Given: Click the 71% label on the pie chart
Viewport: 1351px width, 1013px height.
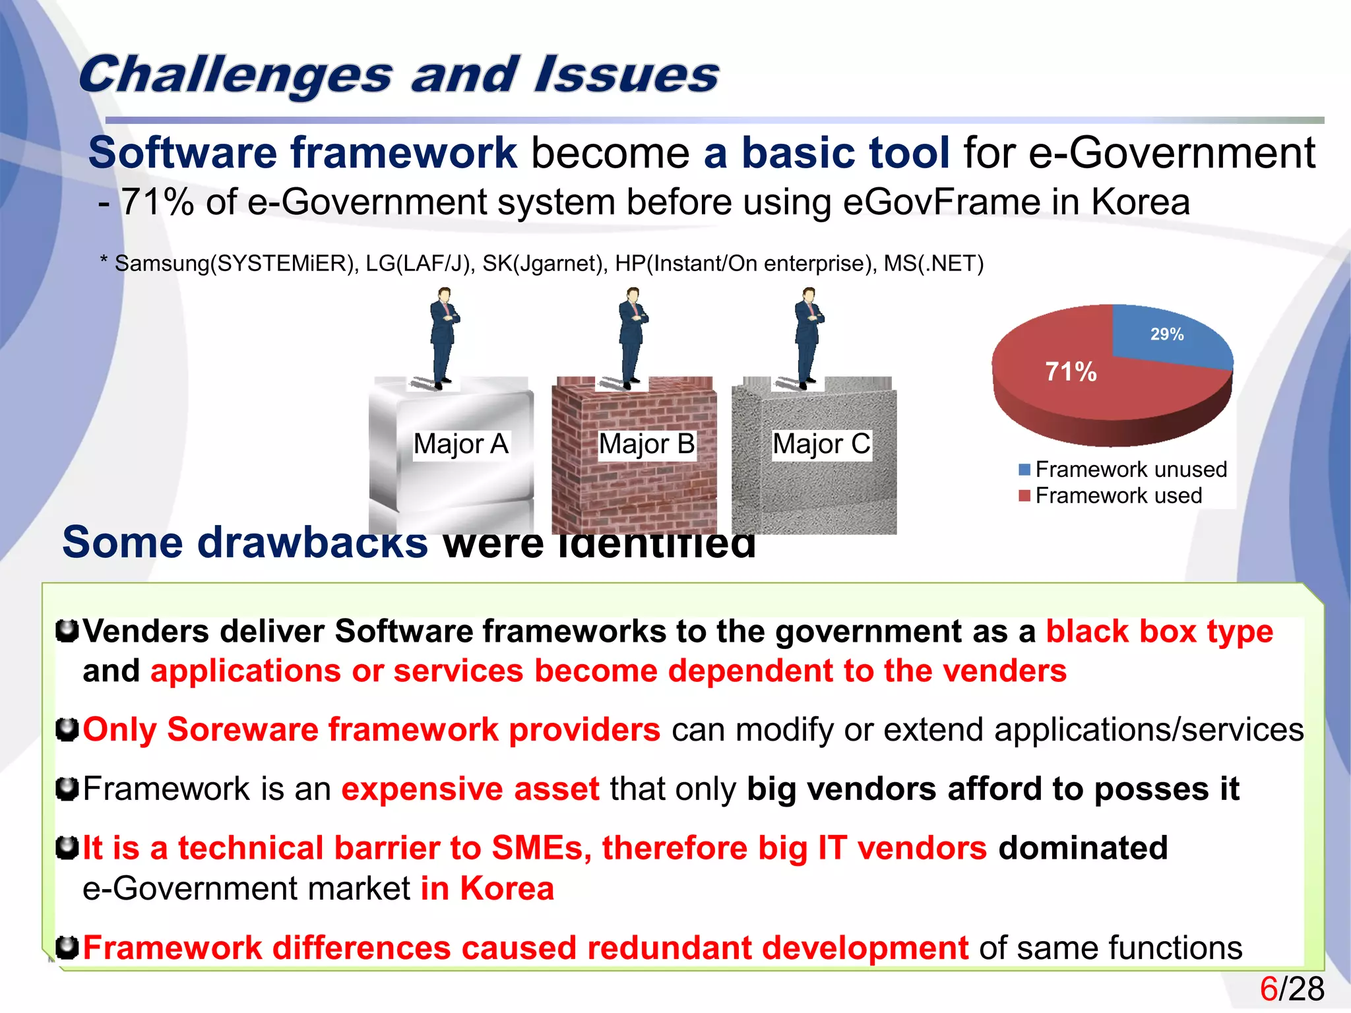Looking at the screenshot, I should coord(1071,372).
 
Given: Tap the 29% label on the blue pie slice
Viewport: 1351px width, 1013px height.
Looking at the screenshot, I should coord(1167,334).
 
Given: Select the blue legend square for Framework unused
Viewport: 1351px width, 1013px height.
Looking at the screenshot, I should coord(1024,470).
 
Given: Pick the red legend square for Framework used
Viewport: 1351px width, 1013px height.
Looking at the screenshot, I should coord(1024,496).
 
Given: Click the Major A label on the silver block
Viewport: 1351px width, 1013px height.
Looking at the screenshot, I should coord(460,445).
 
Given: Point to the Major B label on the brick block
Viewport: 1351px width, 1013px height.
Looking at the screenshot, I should coord(646,445).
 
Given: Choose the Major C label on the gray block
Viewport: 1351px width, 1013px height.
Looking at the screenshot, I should coord(821,445).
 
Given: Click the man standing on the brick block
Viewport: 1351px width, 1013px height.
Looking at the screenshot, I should coord(633,336).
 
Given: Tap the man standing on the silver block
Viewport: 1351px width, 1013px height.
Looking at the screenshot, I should coord(444,336).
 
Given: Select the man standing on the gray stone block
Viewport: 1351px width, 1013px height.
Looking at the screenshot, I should coord(808,336).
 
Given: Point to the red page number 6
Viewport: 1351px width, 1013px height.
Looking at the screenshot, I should coord(1269,989).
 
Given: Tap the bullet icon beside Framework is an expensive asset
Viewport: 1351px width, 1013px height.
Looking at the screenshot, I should coord(67,789).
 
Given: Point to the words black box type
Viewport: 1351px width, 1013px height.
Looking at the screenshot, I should coord(1159,632).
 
